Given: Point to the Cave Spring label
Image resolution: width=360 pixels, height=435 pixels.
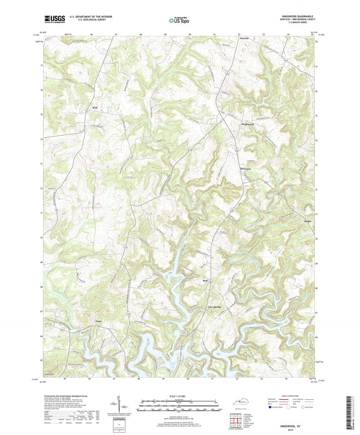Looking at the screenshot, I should point(214,307).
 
